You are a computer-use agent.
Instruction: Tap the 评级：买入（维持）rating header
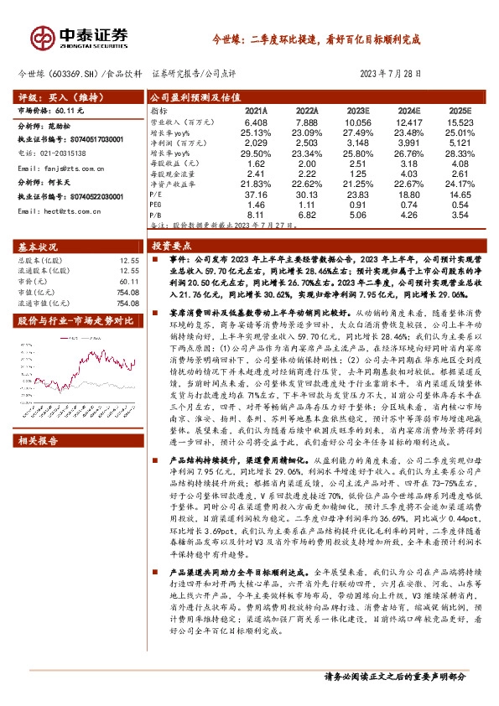click(x=57, y=97)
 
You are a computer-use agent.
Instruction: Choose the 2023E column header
click(x=358, y=111)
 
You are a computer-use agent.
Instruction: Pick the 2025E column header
click(x=460, y=111)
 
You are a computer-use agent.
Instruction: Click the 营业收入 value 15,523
click(x=460, y=122)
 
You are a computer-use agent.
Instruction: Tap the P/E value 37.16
click(x=257, y=194)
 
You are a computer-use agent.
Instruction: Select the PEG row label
click(x=157, y=204)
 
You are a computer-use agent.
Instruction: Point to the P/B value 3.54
click(x=460, y=214)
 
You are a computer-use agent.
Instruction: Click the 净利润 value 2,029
click(x=257, y=143)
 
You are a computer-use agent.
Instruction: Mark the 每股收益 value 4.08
click(x=460, y=163)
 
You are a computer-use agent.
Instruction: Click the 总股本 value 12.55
click(x=129, y=260)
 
